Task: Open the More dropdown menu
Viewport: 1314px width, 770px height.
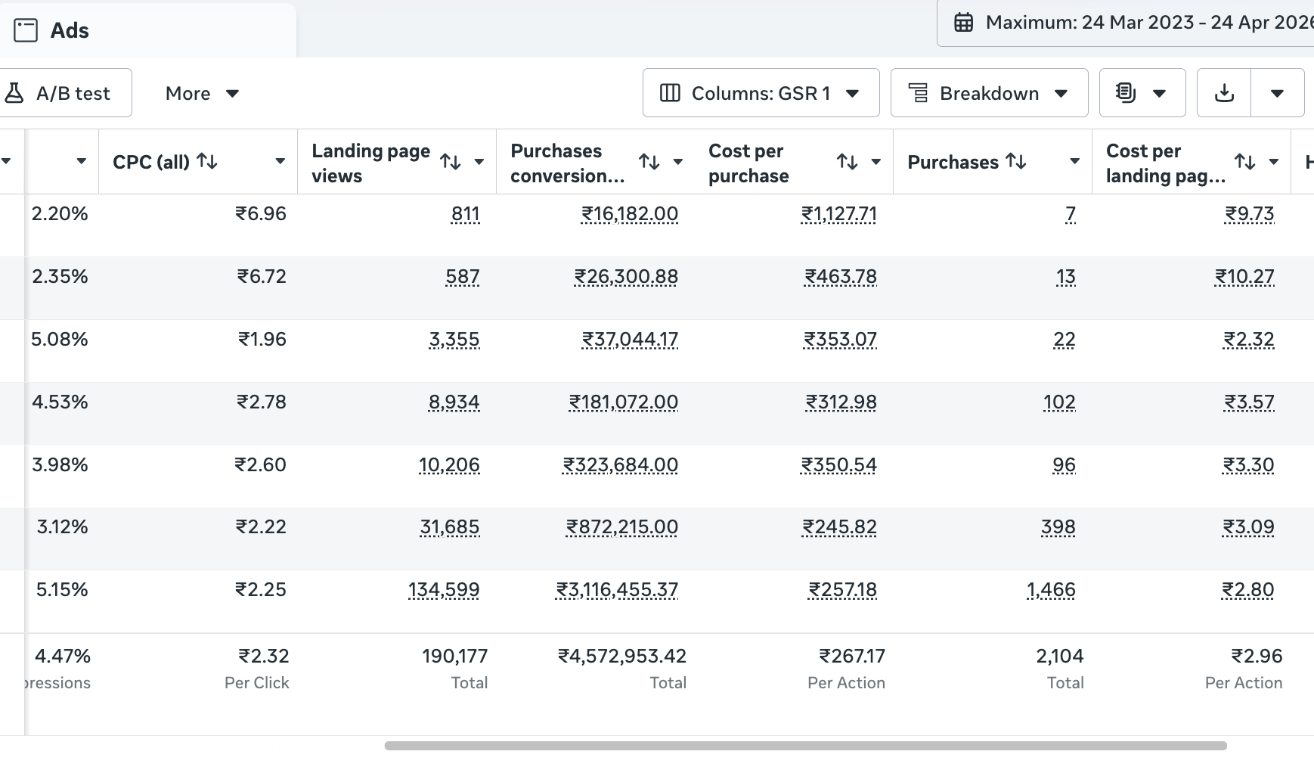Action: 202,93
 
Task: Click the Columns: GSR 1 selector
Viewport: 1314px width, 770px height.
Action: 761,93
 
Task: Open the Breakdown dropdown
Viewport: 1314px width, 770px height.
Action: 989,93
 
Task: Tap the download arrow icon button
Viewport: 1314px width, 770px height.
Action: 1224,93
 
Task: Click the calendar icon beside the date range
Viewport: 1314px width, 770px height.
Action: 963,22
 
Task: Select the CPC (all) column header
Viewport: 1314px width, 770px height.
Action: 151,161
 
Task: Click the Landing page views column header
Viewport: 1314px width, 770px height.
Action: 371,163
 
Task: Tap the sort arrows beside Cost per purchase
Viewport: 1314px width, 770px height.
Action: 847,161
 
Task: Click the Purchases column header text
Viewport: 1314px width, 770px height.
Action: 953,162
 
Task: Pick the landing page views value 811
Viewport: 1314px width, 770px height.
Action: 465,214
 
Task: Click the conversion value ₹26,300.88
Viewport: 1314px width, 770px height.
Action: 626,277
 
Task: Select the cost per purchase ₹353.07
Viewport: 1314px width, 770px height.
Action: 840,340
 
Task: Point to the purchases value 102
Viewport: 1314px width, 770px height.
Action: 1059,402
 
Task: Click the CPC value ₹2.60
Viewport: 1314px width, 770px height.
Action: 261,464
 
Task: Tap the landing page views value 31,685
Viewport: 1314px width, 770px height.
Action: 450,527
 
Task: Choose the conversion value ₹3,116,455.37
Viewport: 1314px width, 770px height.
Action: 617,590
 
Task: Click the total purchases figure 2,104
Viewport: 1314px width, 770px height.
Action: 1059,656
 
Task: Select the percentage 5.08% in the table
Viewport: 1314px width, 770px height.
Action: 60,339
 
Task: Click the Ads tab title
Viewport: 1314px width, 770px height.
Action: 70,30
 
